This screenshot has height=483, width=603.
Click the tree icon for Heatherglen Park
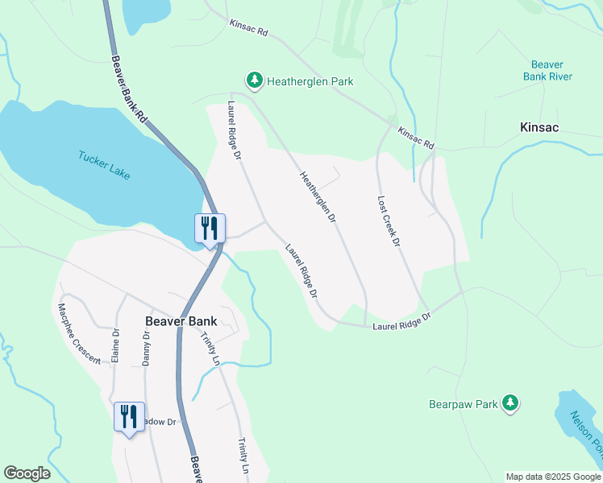(255, 80)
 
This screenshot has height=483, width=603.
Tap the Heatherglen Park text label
(310, 81)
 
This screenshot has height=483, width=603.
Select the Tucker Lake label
(104, 166)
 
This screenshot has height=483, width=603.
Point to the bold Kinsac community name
(539, 127)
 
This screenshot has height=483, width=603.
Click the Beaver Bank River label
(551, 71)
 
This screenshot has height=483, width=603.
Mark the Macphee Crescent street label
(78, 333)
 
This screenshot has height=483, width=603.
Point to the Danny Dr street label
(147, 348)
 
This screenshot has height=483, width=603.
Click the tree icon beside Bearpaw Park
(509, 402)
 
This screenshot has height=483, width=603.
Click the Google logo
(27, 473)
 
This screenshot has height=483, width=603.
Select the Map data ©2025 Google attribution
(553, 477)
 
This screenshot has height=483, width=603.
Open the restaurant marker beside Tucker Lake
(210, 229)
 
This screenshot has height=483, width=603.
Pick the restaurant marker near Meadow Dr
(129, 416)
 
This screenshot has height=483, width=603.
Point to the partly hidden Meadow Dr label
(160, 421)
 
